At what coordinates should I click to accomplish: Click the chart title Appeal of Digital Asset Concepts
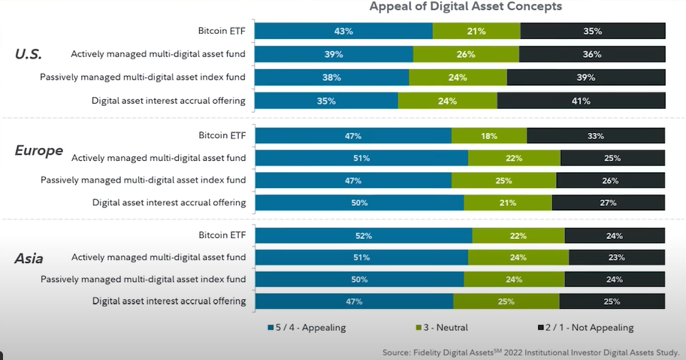click(x=465, y=7)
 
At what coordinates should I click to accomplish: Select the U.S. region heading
click(x=29, y=54)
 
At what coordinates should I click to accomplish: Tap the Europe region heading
click(x=39, y=150)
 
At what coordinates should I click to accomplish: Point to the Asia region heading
click(x=29, y=259)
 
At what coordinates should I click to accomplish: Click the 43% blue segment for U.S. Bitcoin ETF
click(x=343, y=32)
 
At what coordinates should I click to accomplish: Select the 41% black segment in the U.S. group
click(x=581, y=101)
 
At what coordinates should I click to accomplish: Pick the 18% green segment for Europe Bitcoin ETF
click(x=489, y=136)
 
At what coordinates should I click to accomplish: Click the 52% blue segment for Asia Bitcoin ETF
click(x=364, y=235)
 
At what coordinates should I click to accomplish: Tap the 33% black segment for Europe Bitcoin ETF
click(x=596, y=136)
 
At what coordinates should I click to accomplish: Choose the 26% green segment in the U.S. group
click(x=466, y=54)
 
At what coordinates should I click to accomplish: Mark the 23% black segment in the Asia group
click(x=617, y=257)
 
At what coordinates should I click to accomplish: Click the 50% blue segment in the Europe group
click(x=359, y=202)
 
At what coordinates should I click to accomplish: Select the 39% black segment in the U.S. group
click(x=586, y=77)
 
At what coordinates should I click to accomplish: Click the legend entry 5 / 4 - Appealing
click(x=307, y=328)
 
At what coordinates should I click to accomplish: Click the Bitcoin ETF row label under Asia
click(x=222, y=235)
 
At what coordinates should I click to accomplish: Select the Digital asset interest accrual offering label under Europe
click(x=169, y=202)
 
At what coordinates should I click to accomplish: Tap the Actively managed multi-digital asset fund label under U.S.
click(x=158, y=54)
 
